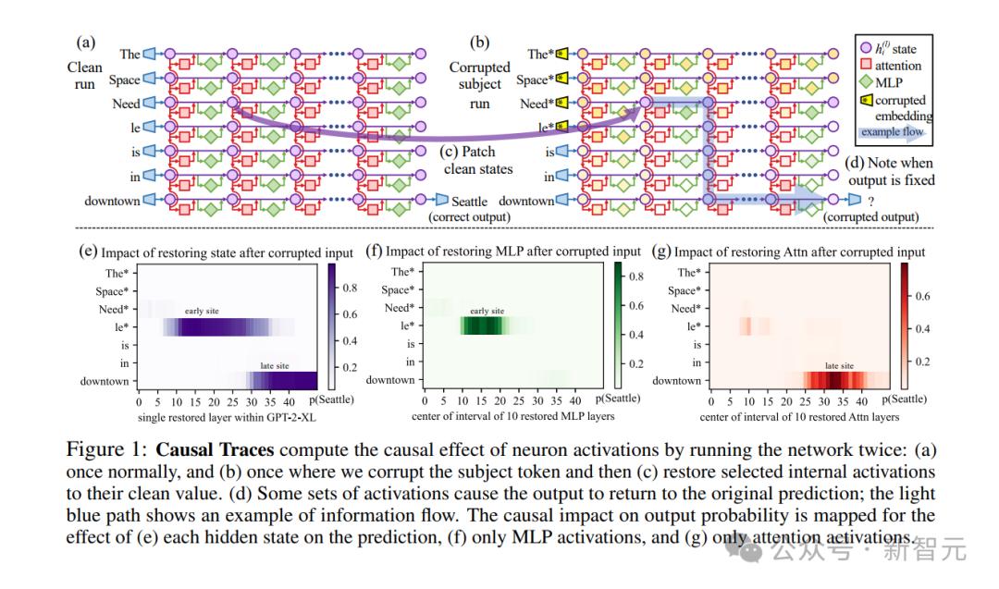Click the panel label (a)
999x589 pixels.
tap(85, 42)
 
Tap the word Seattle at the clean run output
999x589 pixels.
tap(470, 202)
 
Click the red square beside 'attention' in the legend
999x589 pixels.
tap(867, 66)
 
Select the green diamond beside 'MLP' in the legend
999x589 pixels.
tap(867, 83)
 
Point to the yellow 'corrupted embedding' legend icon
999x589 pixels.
tap(867, 100)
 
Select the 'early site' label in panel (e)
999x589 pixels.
tap(203, 312)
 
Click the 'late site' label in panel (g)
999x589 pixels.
tap(838, 365)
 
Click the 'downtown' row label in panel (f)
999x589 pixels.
tap(389, 380)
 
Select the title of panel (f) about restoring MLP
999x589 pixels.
tap(503, 252)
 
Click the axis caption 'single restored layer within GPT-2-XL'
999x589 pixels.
tap(217, 416)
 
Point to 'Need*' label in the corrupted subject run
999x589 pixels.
tap(535, 104)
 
